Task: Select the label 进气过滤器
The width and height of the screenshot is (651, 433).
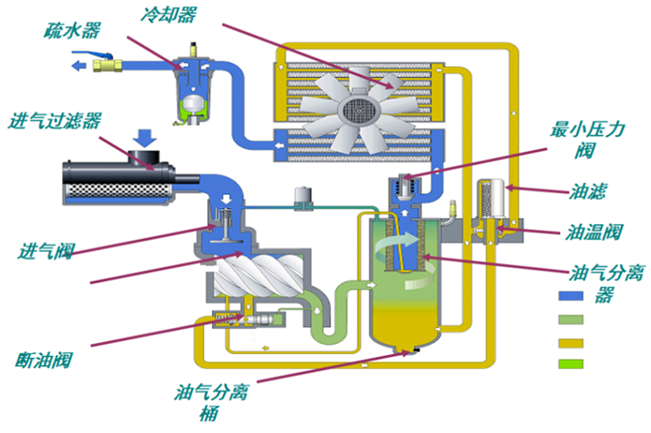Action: coord(55,121)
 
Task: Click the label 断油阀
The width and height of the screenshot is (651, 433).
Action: coord(45,358)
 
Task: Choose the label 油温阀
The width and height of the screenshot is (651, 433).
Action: coord(594,230)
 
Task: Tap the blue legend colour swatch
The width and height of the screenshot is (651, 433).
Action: coord(570,295)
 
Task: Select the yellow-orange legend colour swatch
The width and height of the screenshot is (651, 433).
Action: coord(570,342)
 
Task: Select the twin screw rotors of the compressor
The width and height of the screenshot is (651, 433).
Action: coord(254,280)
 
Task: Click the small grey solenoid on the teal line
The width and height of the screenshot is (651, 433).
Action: coord(299,196)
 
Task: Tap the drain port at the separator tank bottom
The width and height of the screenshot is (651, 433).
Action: coord(405,350)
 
